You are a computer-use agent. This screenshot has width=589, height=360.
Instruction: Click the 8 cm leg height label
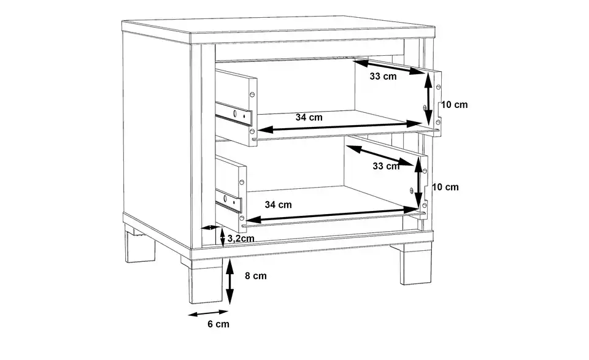256,276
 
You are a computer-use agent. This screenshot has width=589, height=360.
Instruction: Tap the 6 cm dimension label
218,324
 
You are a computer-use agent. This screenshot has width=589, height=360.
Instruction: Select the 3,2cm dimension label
241,239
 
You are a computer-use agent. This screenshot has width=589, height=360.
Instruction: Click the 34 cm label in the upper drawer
309,118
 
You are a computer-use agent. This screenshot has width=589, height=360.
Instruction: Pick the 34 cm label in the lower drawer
278,205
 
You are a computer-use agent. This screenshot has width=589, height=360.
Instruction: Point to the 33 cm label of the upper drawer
383,77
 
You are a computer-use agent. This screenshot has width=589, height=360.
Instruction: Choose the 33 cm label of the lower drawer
386,166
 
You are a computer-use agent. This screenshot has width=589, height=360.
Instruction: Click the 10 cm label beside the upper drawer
454,105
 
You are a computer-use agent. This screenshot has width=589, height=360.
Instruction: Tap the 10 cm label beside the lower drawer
445,187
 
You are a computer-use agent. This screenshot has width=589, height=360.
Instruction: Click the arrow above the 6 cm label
208,313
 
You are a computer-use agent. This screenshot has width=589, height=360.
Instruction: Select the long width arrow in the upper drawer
339,126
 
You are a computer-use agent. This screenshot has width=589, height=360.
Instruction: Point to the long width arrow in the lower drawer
332,215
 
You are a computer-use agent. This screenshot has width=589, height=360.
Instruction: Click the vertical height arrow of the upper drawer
428,99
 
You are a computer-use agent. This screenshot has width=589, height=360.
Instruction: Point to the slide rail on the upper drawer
233,113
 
